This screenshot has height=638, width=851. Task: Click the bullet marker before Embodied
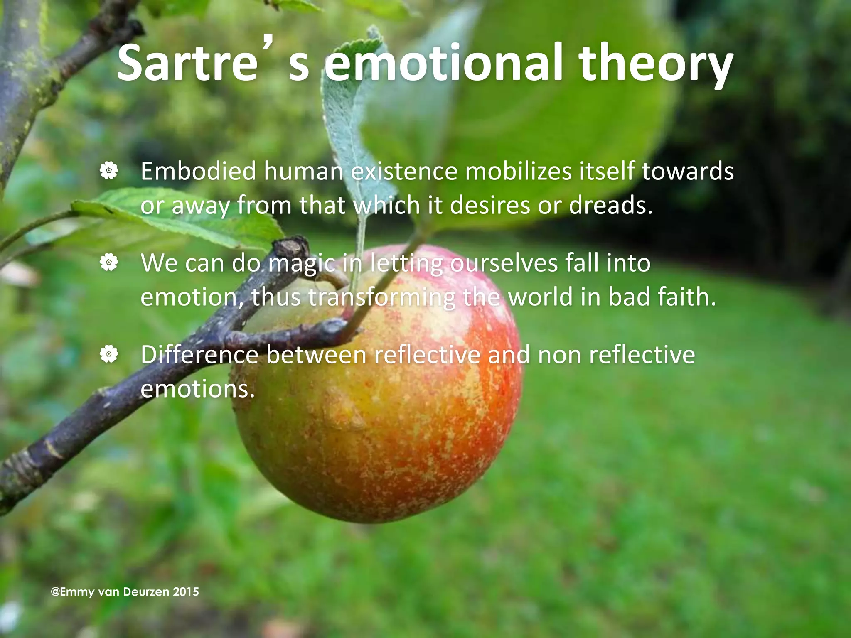point(109,171)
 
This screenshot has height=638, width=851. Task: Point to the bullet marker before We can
point(109,263)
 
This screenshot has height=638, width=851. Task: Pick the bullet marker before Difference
point(109,354)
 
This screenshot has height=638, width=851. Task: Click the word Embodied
point(198,171)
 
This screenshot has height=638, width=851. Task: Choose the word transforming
point(382,297)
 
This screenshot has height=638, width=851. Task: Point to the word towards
point(688,171)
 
